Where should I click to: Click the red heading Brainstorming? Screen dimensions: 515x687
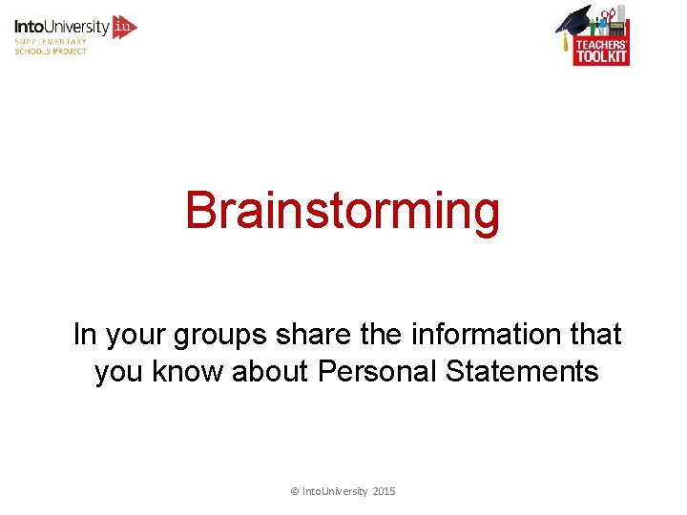pyautogui.click(x=343, y=211)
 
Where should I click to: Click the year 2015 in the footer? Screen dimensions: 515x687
pyautogui.click(x=384, y=491)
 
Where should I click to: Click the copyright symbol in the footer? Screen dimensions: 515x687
pyautogui.click(x=293, y=491)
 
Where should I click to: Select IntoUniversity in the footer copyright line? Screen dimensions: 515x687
pyautogui.click(x=335, y=491)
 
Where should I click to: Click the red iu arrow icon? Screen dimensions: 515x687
pyautogui.click(x=124, y=27)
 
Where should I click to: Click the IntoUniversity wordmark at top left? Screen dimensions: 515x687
pyautogui.click(x=61, y=27)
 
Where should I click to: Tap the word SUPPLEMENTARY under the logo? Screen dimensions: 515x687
pyautogui.click(x=51, y=42)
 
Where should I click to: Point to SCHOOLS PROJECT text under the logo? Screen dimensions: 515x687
pyautogui.click(x=51, y=51)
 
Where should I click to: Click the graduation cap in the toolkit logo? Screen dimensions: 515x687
pyautogui.click(x=573, y=21)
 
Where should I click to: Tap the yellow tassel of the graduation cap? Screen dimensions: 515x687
pyautogui.click(x=565, y=43)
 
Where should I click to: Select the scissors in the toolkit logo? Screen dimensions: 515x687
pyautogui.click(x=605, y=16)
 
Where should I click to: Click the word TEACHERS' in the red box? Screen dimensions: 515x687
pyautogui.click(x=601, y=45)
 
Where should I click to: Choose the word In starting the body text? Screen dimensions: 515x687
pyautogui.click(x=85, y=336)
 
